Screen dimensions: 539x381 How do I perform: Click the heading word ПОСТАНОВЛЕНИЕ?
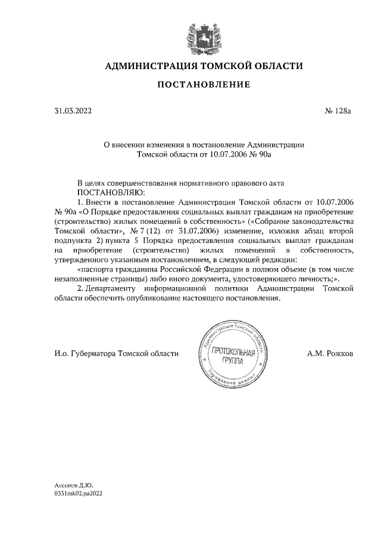tap(204, 85)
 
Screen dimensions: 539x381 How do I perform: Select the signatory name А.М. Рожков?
tap(330, 353)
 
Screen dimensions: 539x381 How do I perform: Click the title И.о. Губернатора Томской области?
tap(116, 353)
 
